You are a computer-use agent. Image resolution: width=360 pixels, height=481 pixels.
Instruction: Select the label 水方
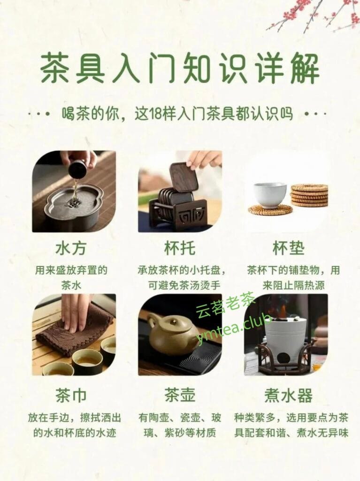click(71, 248)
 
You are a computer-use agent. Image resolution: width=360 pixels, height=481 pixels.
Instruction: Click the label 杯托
click(180, 248)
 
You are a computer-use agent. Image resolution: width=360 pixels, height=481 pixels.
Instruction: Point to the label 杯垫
click(289, 248)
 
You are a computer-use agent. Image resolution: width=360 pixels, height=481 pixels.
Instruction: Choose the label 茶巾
click(71, 395)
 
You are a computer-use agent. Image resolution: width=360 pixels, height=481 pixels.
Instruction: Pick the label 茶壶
click(180, 395)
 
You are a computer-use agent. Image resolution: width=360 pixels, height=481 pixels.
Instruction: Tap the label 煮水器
click(289, 395)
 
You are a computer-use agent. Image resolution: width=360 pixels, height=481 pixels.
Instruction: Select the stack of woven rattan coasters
click(309, 195)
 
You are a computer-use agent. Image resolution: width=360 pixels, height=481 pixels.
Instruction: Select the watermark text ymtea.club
click(234, 329)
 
